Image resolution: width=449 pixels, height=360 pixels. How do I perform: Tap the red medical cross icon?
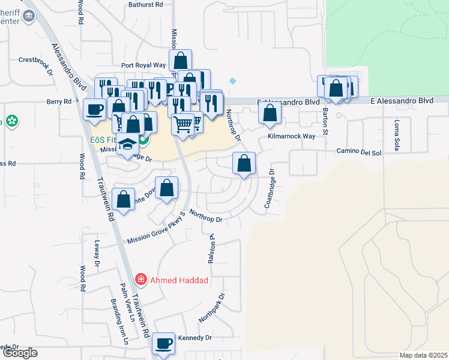pos(140,280)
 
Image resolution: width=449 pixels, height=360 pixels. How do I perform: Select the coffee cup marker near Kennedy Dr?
pos(163,344)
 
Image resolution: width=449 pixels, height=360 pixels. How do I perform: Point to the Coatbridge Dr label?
pos(269,188)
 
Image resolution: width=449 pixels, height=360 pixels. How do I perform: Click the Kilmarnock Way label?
pos(292,137)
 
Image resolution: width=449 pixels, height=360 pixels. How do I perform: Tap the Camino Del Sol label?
pos(359,152)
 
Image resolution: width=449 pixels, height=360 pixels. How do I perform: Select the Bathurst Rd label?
pos(146,4)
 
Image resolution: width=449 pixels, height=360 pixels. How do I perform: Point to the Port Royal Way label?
pos(143,65)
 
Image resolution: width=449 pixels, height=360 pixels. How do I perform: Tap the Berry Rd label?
pos(59,102)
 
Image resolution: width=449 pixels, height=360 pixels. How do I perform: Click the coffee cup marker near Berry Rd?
pos(94,109)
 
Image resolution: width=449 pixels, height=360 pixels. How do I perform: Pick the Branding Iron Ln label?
pos(118,322)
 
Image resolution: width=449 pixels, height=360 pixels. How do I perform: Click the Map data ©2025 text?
pos(423,355)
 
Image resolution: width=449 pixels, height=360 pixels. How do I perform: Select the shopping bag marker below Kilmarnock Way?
pos(244,163)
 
